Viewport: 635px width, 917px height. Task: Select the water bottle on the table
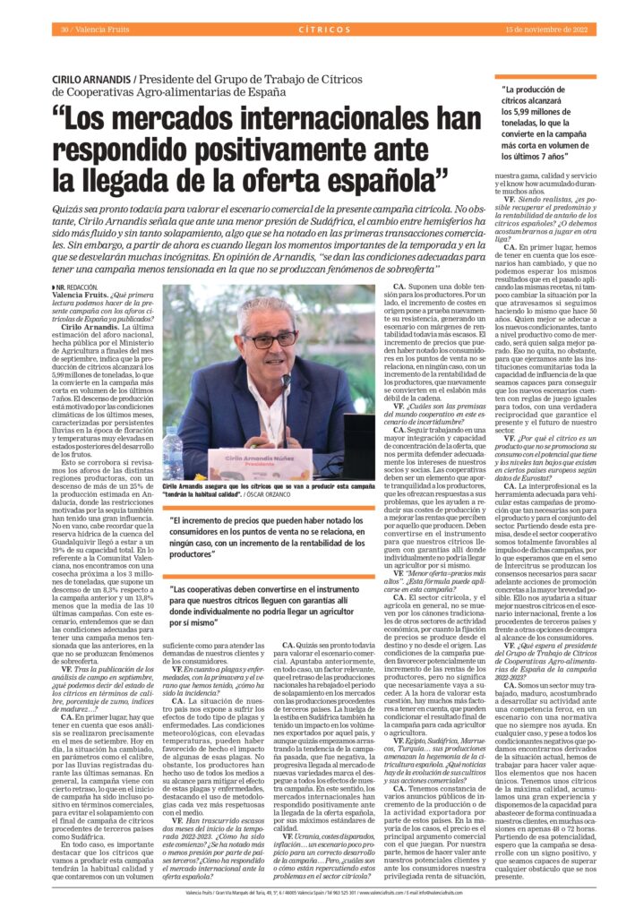pos(174,451)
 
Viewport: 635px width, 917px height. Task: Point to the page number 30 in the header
pos(64,29)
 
